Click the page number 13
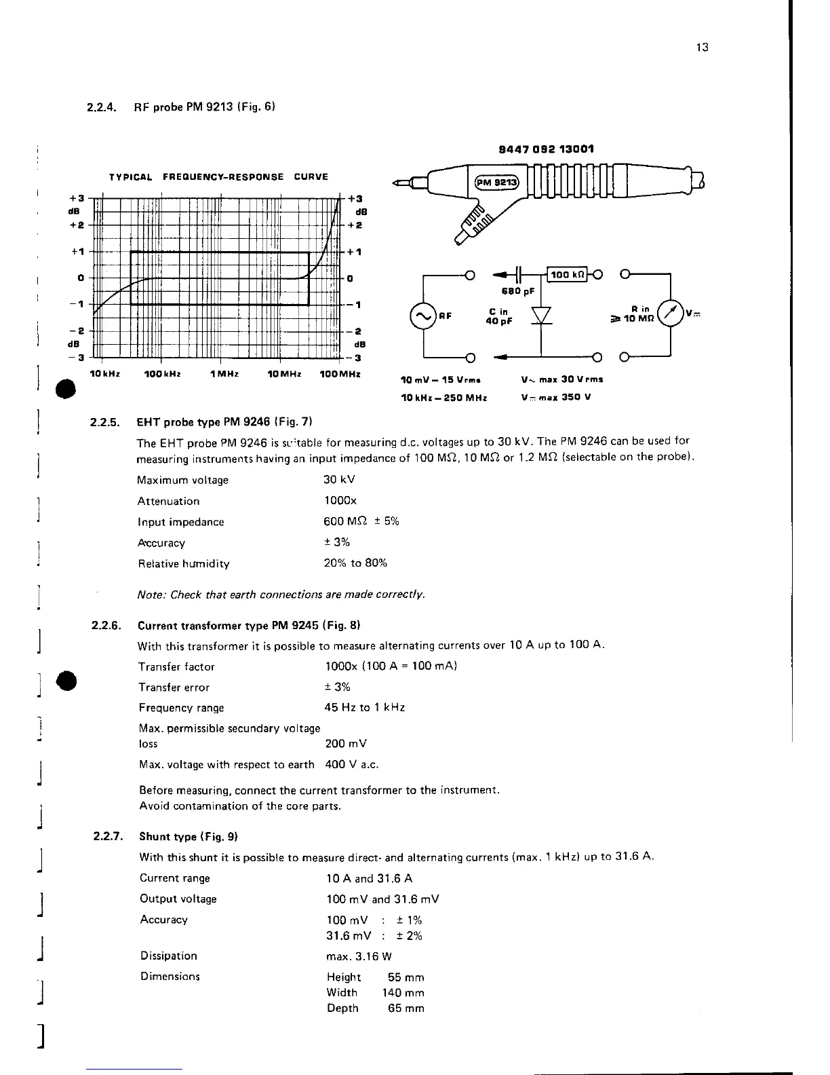pyautogui.click(x=702, y=48)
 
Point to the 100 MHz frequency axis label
pyautogui.click(x=340, y=374)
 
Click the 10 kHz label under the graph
pyautogui.click(x=105, y=374)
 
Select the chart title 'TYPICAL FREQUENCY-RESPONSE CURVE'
pyautogui.click(x=218, y=177)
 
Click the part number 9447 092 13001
pyautogui.click(x=546, y=149)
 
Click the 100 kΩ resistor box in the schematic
pyautogui.click(x=568, y=274)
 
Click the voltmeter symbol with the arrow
pyautogui.click(x=670, y=313)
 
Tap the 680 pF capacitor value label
pyautogui.click(x=517, y=291)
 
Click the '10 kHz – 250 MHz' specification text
pyautogui.click(x=443, y=397)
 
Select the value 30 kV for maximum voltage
pyautogui.click(x=339, y=480)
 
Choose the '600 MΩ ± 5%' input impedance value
pyautogui.click(x=361, y=521)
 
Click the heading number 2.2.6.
pyautogui.click(x=105, y=625)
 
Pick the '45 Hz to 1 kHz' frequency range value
pyautogui.click(x=364, y=707)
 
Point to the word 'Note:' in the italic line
pyautogui.click(x=151, y=595)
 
